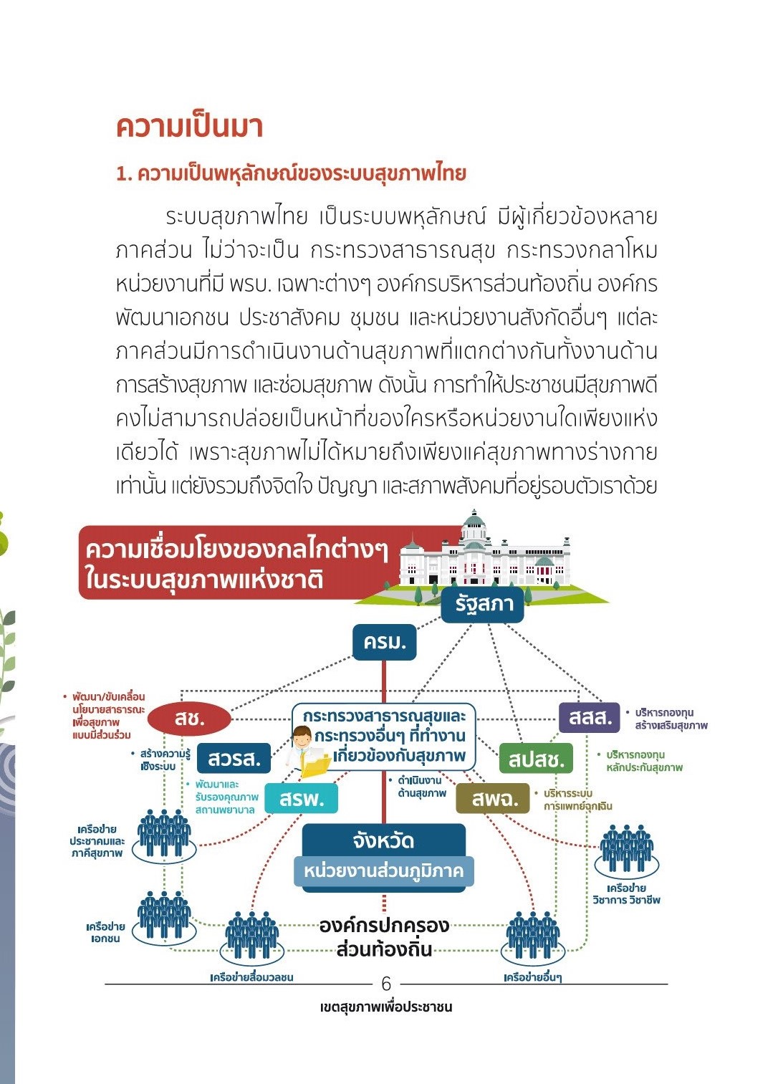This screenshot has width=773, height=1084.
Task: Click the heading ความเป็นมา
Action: (189, 127)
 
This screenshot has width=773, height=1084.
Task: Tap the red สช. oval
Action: (189, 719)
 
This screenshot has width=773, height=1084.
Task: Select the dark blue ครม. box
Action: (384, 643)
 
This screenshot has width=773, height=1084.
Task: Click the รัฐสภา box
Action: (482, 605)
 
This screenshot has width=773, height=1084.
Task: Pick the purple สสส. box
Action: (589, 718)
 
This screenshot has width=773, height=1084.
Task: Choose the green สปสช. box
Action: (536, 759)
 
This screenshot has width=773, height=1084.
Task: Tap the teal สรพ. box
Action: (301, 799)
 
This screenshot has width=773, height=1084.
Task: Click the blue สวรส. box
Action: (234, 758)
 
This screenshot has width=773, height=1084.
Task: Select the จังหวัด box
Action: (383, 840)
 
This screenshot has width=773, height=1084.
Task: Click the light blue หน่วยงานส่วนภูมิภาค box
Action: (383, 871)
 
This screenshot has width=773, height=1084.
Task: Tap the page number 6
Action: (385, 984)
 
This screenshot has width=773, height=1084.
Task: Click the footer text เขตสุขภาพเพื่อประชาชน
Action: (385, 1007)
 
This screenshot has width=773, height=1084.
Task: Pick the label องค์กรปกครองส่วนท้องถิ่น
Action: (384, 936)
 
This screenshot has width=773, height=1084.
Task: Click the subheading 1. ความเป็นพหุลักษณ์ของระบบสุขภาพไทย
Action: (291, 173)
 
